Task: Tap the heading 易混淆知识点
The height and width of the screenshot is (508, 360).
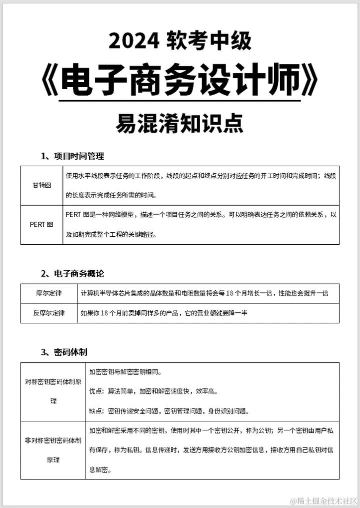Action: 179,123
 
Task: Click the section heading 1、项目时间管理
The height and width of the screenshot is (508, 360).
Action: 72,156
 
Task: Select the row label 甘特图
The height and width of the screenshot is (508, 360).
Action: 41,185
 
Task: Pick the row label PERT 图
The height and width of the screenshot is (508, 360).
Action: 41,224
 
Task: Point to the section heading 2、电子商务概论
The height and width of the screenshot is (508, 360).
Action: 72,273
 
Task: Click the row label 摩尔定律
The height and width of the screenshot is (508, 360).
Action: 49,293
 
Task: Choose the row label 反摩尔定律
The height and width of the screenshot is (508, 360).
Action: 49,313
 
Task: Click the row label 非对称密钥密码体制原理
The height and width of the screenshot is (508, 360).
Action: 53,449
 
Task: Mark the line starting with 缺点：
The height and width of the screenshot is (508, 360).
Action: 169,411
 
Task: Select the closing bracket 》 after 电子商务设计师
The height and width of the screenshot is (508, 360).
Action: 310,81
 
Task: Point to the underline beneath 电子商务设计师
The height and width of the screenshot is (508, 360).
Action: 179,101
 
